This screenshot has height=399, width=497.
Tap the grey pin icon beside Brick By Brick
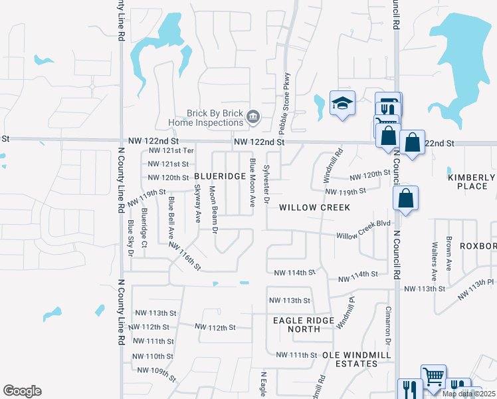point(252,118)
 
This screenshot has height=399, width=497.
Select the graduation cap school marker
point(342,103)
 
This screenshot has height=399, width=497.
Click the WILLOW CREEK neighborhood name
point(314,207)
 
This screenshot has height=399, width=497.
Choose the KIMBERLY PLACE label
point(471,182)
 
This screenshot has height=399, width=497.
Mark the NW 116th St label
point(184,256)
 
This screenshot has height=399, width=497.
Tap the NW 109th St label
point(154,372)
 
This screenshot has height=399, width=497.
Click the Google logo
point(22,391)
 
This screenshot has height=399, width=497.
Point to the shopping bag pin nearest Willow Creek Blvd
point(405,198)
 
